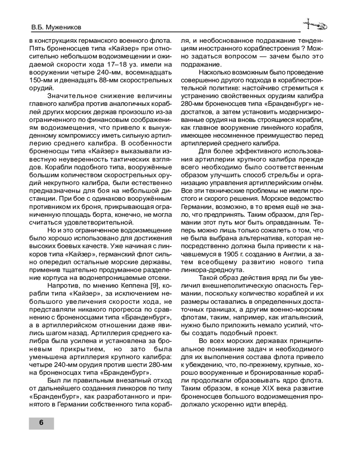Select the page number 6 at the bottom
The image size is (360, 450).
pyautogui.click(x=41, y=423)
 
